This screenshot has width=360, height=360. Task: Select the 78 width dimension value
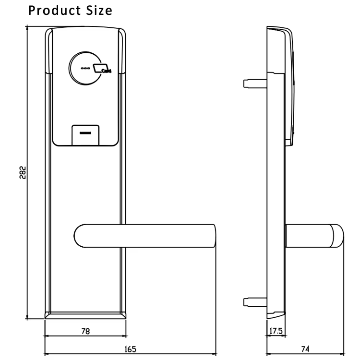click(85, 331)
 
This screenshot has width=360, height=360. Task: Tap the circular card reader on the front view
click(91, 69)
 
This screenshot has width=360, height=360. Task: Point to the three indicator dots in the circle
click(86, 68)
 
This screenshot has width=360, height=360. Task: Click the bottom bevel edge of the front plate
click(85, 315)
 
